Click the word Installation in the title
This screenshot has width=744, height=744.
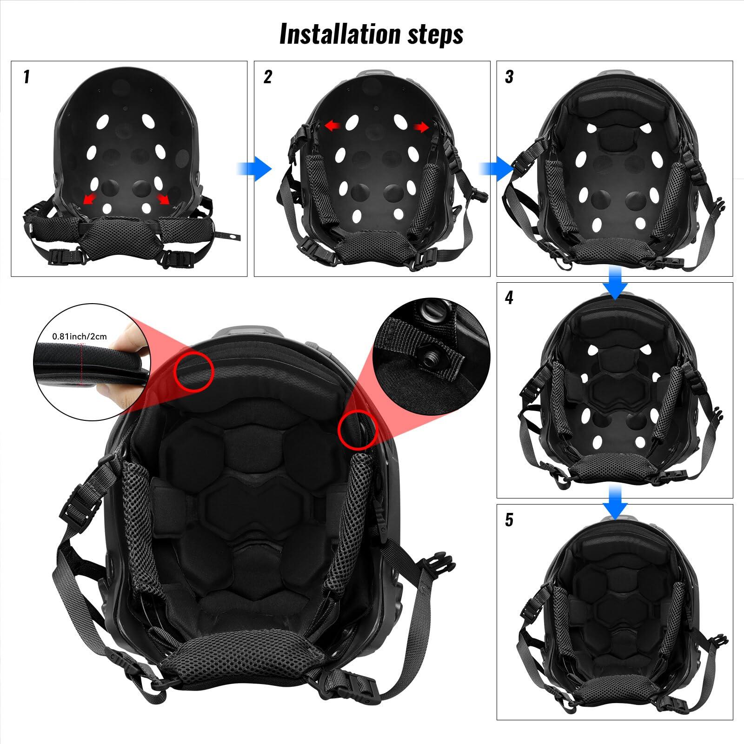click(x=340, y=33)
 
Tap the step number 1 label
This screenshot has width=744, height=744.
click(x=27, y=77)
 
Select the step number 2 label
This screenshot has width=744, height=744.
click(x=267, y=77)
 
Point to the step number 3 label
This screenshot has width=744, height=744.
click(x=509, y=77)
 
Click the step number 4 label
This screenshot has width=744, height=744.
click(x=509, y=298)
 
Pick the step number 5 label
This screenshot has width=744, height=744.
click(x=509, y=520)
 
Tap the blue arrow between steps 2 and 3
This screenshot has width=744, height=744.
click(x=496, y=168)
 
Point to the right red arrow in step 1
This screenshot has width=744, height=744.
click(x=163, y=199)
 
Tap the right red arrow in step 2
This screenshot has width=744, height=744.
click(x=421, y=127)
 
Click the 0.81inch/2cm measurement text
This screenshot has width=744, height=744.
click(x=79, y=336)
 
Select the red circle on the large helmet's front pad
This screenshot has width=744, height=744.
click(x=194, y=371)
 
